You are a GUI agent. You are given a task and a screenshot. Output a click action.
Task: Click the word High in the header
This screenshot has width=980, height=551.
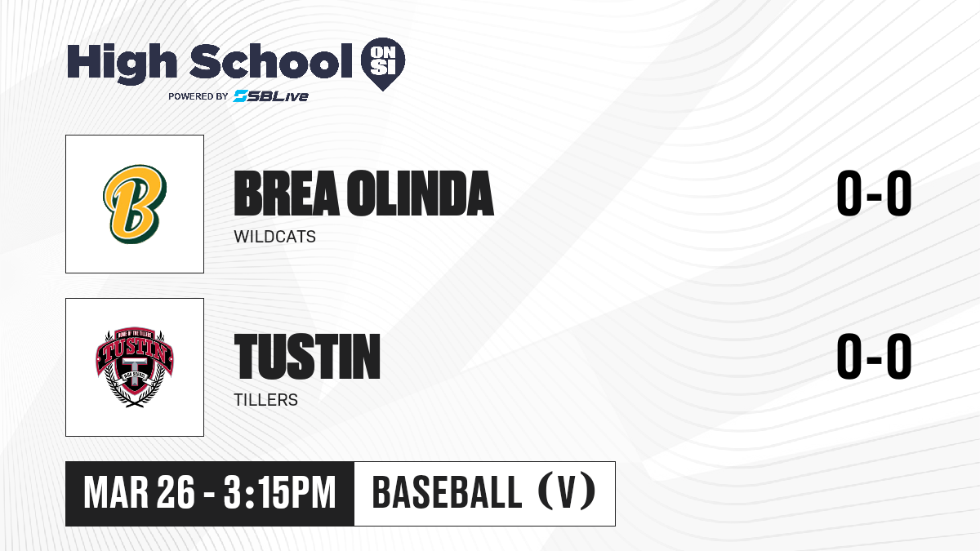click(122, 64)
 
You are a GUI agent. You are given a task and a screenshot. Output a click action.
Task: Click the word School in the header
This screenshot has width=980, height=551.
click(271, 61)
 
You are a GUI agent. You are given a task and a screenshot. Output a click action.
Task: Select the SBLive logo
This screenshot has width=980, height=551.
click(271, 96)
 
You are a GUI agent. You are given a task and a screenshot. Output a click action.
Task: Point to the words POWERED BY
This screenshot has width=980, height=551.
click(198, 96)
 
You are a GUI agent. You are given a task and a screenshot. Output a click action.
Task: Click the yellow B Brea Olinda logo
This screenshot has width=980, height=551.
click(135, 204)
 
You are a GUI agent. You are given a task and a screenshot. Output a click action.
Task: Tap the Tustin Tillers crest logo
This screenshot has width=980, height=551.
click(135, 367)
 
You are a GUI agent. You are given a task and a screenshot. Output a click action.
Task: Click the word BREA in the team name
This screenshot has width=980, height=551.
click(287, 193)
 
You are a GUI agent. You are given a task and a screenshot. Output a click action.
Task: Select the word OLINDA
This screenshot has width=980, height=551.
click(421, 193)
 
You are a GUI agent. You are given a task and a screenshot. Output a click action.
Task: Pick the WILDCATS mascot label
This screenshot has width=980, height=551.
click(274, 237)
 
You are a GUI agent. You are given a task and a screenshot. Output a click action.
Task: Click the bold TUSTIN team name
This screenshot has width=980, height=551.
click(307, 357)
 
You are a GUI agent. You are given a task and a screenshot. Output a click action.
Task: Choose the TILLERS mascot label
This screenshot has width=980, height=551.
click(265, 400)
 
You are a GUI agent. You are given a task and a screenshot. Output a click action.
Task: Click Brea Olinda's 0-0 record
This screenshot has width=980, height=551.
click(874, 193)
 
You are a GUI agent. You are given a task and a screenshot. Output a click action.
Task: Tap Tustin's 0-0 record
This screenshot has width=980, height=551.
click(874, 357)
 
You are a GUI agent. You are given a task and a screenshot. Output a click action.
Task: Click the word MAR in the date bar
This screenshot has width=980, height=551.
click(116, 493)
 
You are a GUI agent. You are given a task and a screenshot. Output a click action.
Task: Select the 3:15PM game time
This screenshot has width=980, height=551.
click(279, 493)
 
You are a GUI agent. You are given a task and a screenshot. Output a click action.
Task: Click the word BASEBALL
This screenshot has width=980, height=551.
click(448, 493)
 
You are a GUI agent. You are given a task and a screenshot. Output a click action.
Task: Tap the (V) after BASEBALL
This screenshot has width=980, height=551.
click(567, 493)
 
